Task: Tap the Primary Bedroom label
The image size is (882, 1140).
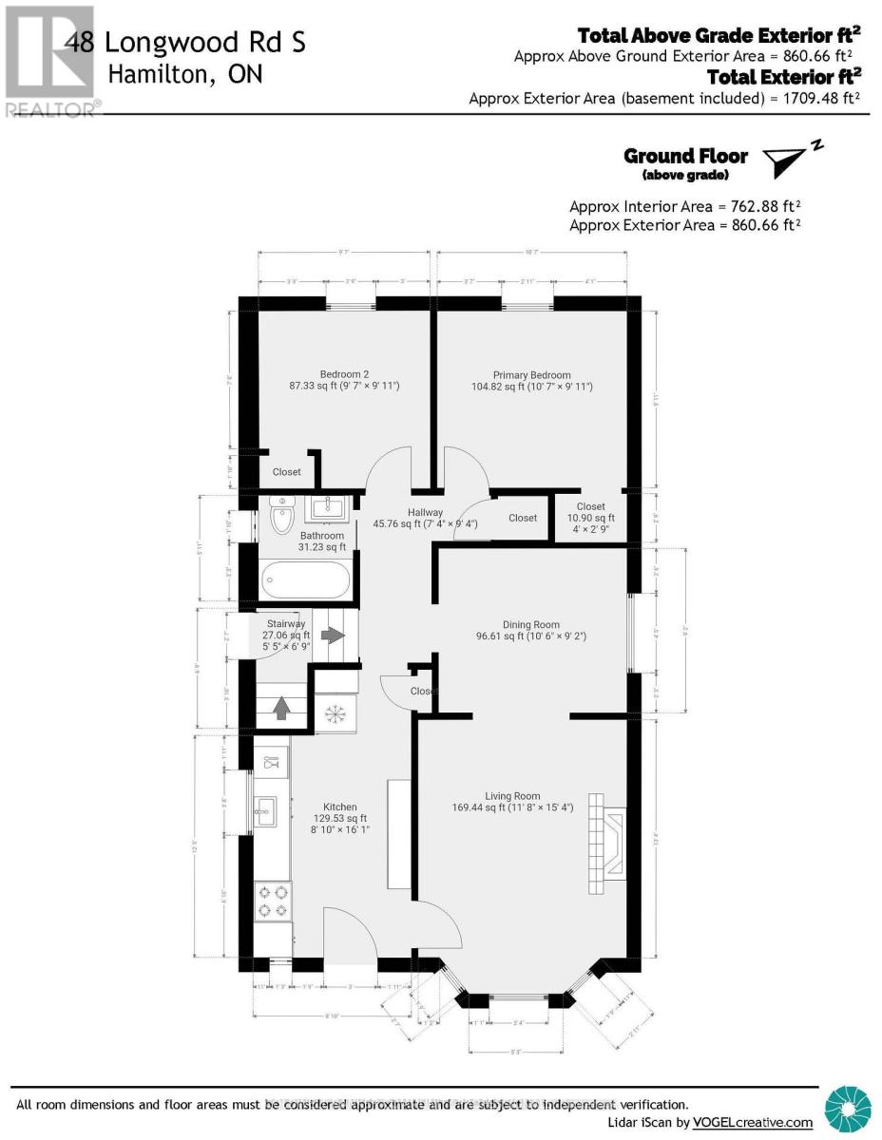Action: point(531,375)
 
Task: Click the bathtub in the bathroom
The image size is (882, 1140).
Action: point(305,577)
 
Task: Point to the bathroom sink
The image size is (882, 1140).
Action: point(330,507)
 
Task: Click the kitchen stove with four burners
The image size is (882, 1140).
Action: point(273,901)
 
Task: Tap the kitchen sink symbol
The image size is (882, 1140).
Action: point(265,810)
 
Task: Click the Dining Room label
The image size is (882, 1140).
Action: point(531,625)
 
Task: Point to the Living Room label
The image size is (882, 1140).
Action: point(512,796)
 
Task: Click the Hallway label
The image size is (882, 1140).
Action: point(398,513)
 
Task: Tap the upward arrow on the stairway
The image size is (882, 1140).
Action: point(280,709)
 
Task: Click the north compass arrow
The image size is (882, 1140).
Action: point(792,161)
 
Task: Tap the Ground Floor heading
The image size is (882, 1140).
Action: point(685,156)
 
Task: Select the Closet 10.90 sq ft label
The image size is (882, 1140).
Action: point(590,518)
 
